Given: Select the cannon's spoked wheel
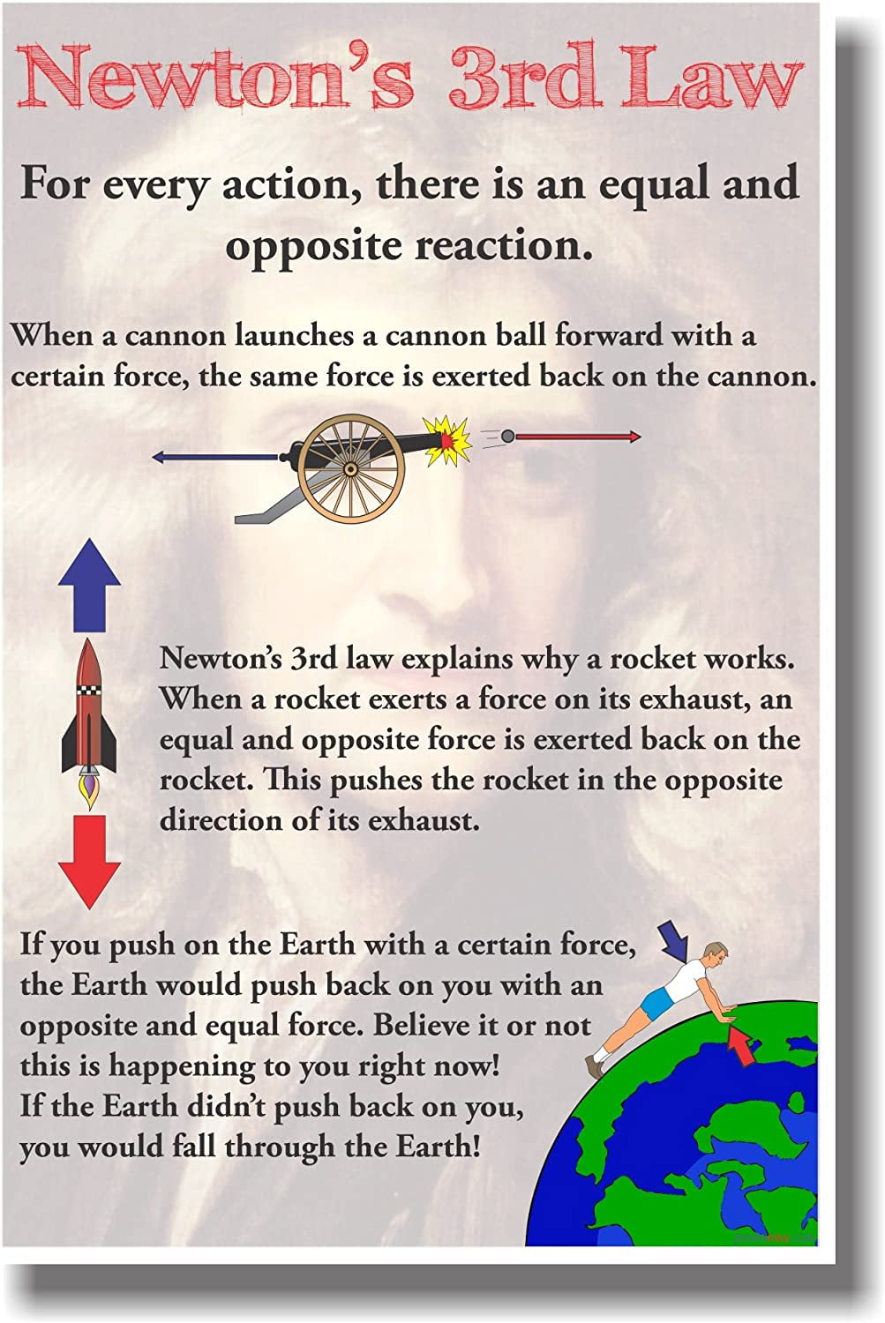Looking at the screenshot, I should coord(351,468).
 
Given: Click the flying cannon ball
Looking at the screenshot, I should coord(507,436).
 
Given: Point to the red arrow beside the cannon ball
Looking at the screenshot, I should coord(578,437).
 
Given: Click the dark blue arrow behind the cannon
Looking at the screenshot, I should coord(216,457).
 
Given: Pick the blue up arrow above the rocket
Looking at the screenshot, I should coord(89,586).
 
